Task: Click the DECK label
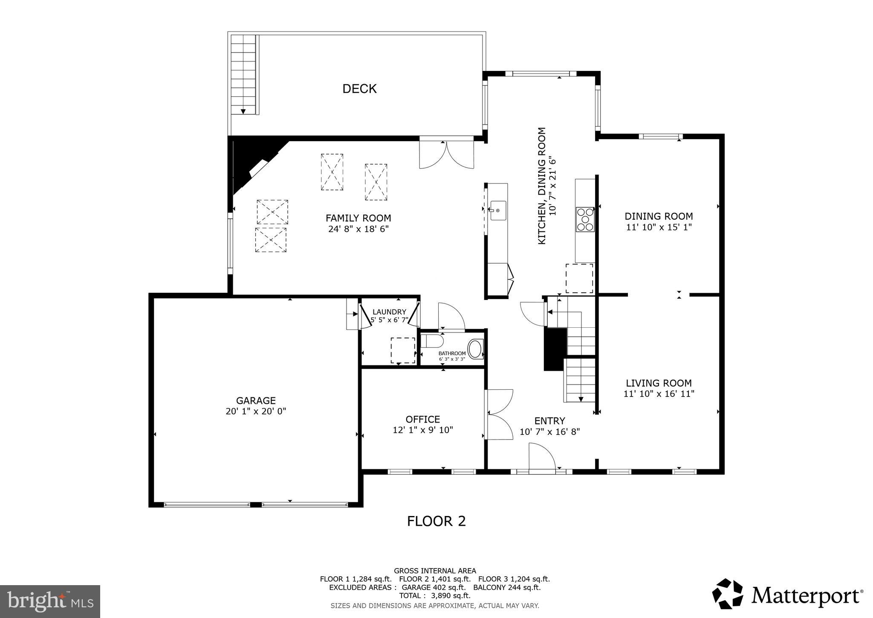(359, 89)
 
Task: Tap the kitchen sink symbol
(497, 210)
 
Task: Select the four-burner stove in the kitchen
(585, 219)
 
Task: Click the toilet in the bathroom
(432, 341)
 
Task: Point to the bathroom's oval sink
(475, 349)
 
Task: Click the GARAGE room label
(256, 400)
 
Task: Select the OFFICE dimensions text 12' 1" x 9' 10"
(422, 430)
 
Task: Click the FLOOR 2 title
(436, 521)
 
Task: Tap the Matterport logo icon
(728, 593)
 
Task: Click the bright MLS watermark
(50, 601)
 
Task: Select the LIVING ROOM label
(659, 383)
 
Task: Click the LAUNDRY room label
(389, 312)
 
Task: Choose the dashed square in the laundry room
(403, 350)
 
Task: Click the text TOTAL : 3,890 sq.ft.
(435, 595)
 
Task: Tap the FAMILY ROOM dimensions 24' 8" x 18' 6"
(358, 229)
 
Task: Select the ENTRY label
(549, 421)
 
